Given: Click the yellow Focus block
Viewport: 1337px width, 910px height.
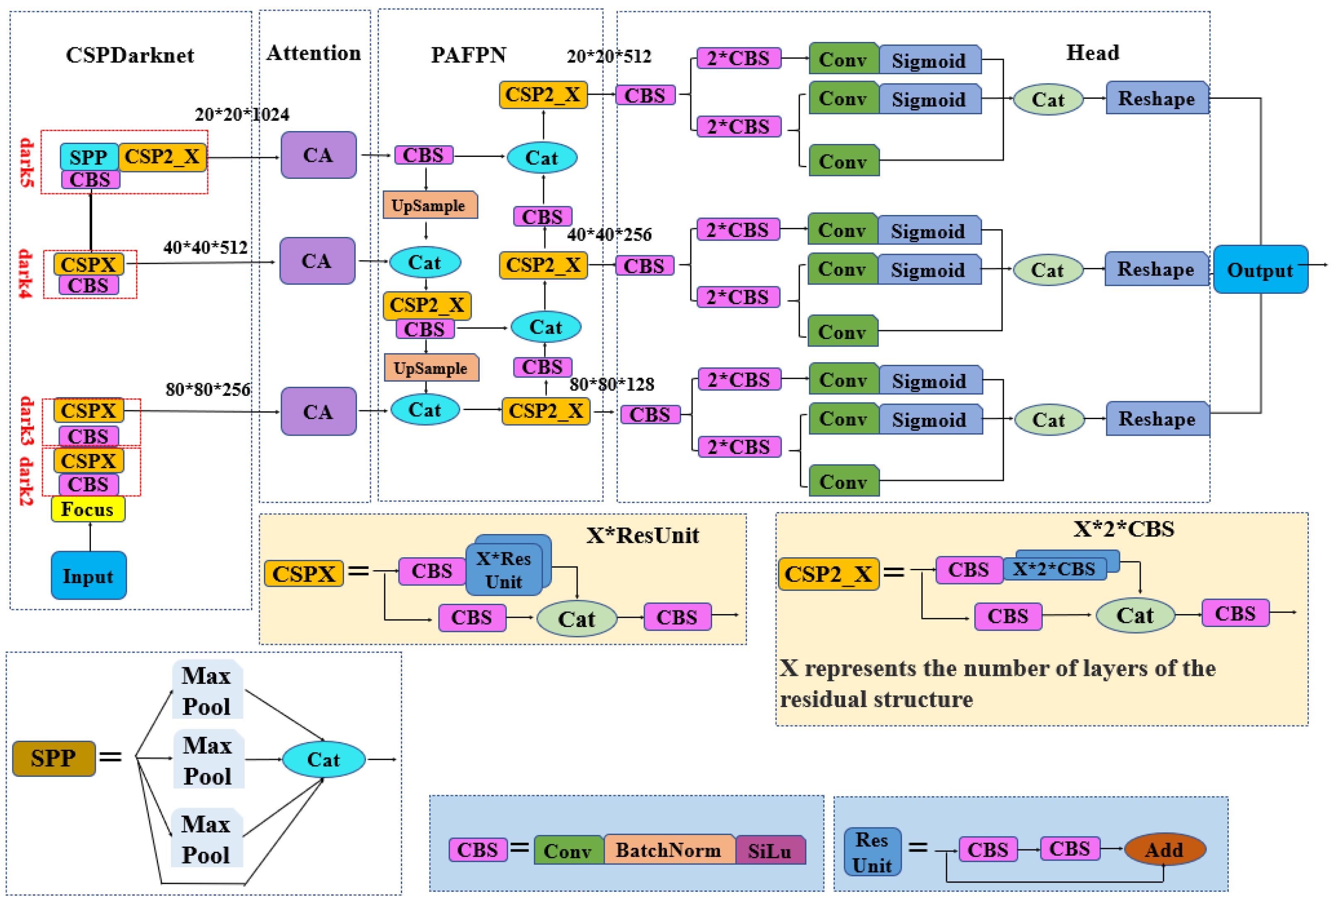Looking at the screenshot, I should (88, 510).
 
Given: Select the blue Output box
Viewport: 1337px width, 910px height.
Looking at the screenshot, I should (1260, 270).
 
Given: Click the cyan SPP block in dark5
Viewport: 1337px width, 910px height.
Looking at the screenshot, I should (89, 157).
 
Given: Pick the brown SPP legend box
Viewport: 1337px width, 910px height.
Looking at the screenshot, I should (54, 758).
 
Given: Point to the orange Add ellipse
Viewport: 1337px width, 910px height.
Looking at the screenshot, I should (1164, 849).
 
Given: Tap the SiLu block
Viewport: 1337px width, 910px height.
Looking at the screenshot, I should (770, 851).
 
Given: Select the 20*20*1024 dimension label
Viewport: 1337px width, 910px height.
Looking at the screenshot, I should (242, 115).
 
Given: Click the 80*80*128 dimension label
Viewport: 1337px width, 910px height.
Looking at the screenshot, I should (612, 384).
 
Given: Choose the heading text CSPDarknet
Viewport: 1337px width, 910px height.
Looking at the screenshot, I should (130, 55).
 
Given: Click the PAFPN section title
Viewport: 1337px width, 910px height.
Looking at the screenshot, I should (468, 55).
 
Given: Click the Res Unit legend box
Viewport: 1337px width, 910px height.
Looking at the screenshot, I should (872, 852).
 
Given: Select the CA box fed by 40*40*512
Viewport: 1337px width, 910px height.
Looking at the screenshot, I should (317, 261).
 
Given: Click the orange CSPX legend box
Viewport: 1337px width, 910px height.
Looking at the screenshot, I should (304, 573).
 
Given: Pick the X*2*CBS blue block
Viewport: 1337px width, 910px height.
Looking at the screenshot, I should (1054, 569).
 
